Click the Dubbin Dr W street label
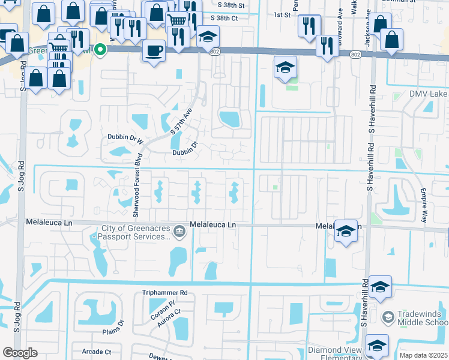(125, 137)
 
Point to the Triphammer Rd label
(165, 293)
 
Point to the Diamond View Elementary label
(336, 352)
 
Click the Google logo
(20, 353)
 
